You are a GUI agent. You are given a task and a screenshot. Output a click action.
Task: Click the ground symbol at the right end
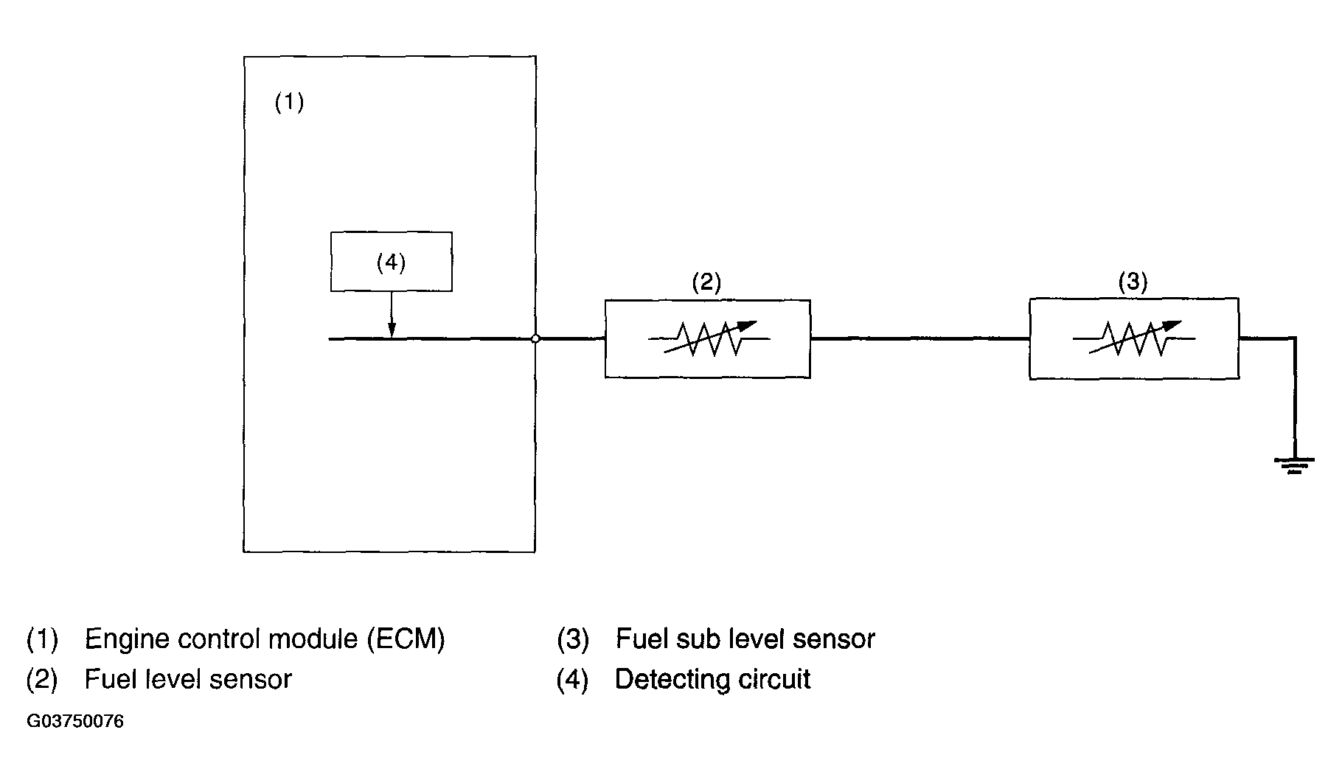(x=1294, y=465)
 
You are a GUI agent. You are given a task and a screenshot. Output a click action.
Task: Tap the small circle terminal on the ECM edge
(x=536, y=339)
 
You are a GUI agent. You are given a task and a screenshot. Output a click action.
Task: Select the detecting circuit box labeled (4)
(x=391, y=262)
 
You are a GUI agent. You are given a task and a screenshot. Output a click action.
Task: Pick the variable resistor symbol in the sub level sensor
(x=1134, y=338)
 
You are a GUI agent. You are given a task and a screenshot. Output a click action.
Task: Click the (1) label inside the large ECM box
(x=289, y=102)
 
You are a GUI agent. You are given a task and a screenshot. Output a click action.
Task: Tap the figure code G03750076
(x=75, y=721)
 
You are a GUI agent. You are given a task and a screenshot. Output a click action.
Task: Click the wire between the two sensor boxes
(x=919, y=339)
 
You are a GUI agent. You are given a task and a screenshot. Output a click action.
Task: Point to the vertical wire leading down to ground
(x=1295, y=398)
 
